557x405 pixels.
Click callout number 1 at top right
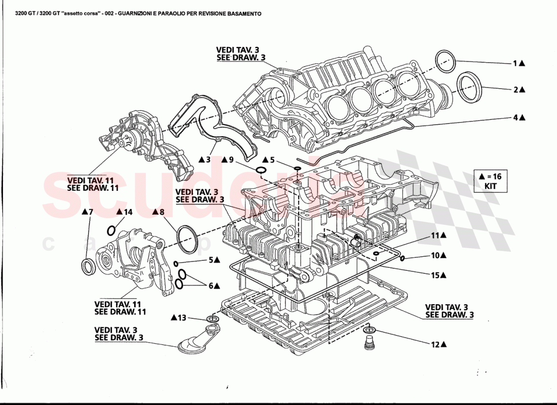[x=515, y=64]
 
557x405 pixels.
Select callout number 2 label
[x=515, y=90]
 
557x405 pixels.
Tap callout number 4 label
[x=515, y=117]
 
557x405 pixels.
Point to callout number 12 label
[x=434, y=345]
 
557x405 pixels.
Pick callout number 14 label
[x=128, y=213]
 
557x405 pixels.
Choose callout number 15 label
[x=434, y=275]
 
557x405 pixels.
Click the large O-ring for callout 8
[x=188, y=237]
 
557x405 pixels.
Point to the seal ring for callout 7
[x=89, y=266]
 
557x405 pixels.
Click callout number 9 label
[x=231, y=160]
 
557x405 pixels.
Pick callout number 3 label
[x=208, y=160]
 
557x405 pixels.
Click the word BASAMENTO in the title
[x=241, y=14]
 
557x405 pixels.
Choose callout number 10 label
[x=434, y=256]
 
